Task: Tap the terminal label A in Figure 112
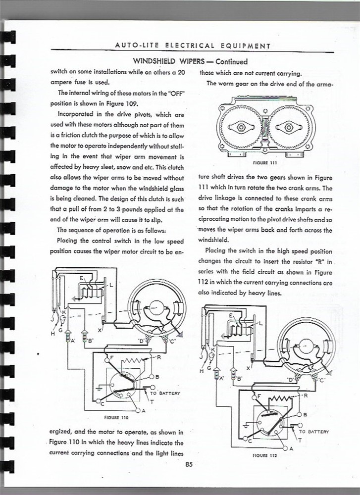292,449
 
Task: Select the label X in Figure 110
101,330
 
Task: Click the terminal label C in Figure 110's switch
102,403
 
